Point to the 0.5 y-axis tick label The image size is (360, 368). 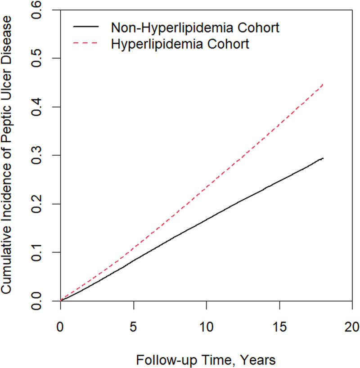36,58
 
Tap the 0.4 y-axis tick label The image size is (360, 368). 36,107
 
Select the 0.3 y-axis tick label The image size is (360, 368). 36,155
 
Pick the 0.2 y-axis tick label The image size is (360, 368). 36,204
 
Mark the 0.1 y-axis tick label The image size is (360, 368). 36,252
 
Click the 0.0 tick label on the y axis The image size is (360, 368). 36,301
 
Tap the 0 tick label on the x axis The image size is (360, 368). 60,327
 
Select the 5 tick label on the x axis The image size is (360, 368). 133,327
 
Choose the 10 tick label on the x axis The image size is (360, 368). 207,327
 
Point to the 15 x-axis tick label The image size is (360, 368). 279,327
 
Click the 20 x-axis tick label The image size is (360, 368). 352,327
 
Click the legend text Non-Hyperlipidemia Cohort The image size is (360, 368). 195,28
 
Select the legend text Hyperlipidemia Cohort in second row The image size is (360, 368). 180,44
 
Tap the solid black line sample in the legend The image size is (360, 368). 85,27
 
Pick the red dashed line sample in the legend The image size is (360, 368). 85,43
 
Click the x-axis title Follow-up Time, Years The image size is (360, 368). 206,360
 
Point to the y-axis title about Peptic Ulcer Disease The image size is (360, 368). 7,155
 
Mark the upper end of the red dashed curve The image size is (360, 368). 324,84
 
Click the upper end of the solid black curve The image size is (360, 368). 324,158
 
